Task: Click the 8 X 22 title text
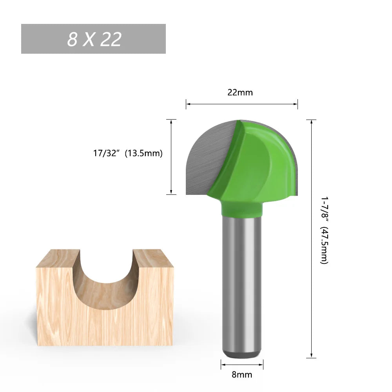pyautogui.click(x=94, y=39)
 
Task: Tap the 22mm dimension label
pyautogui.click(x=240, y=93)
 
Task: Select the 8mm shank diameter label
pyautogui.click(x=242, y=374)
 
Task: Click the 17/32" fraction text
pyautogui.click(x=106, y=153)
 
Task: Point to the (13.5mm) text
pyautogui.click(x=143, y=153)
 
